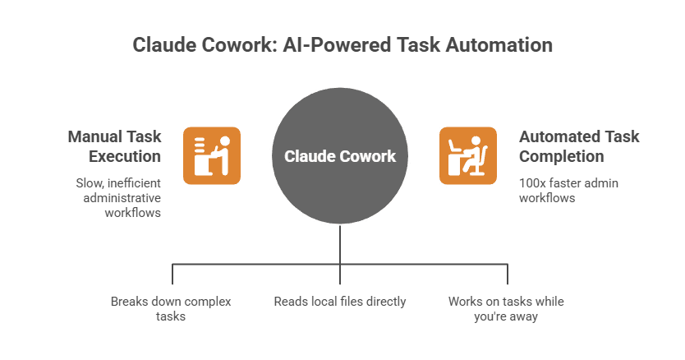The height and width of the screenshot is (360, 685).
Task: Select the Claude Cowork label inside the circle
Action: point(340,156)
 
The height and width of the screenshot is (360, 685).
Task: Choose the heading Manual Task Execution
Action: point(115,146)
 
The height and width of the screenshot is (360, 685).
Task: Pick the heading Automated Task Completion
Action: point(578,146)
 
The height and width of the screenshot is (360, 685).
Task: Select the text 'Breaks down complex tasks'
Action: point(171,308)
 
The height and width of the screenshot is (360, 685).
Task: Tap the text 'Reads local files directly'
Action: point(340,302)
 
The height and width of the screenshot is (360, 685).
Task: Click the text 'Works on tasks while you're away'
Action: point(506,308)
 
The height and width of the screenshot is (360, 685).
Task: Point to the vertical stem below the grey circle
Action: point(340,247)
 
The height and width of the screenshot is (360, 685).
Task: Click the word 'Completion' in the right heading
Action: point(561,156)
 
